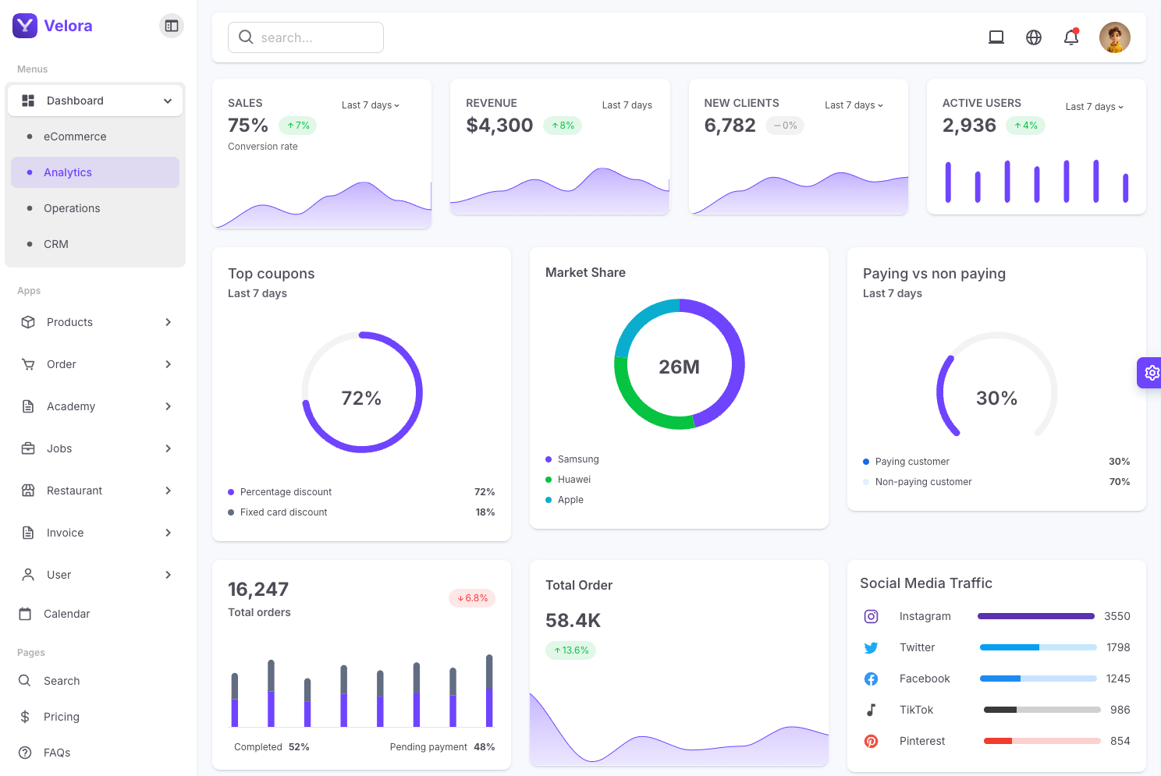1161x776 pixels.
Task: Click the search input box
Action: point(306,37)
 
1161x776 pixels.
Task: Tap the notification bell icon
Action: point(1071,37)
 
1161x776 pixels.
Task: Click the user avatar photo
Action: point(1115,37)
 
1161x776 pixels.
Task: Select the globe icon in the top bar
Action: point(1034,37)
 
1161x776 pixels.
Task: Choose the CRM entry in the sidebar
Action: point(56,244)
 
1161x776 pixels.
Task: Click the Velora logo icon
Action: point(25,26)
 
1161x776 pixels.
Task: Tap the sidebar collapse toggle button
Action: point(172,26)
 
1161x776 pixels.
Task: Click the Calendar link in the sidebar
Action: point(66,614)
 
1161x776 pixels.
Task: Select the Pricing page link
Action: point(61,717)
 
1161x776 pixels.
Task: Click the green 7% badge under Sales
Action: point(298,126)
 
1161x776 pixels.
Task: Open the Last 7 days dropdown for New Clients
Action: point(854,105)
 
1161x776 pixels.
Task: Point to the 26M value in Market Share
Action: point(679,367)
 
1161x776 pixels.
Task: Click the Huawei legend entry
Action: point(573,480)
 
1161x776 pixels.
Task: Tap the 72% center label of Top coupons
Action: point(361,399)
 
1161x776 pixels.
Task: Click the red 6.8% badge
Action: point(472,598)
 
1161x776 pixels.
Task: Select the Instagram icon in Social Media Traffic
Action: point(872,617)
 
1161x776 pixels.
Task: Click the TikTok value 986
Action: point(1120,710)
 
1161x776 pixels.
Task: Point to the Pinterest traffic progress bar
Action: point(1042,741)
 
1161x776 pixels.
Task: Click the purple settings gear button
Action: point(1151,373)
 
